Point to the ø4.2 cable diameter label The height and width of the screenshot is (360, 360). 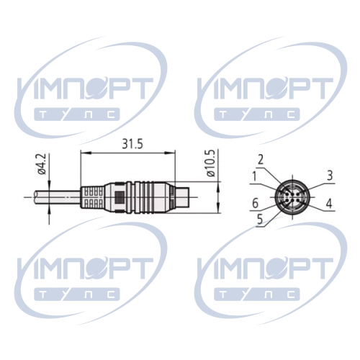coord(42,164)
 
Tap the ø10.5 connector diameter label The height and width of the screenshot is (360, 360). coord(210,163)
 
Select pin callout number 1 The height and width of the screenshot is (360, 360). coord(254,176)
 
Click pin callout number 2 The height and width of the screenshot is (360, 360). coord(261,160)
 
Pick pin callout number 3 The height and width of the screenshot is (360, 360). coord(330,176)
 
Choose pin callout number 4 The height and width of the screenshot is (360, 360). coord(329,204)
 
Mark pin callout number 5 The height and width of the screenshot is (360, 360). coord(260,219)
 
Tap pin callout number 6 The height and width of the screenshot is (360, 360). coord(255,204)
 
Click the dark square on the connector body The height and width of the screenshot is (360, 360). coord(120,197)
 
